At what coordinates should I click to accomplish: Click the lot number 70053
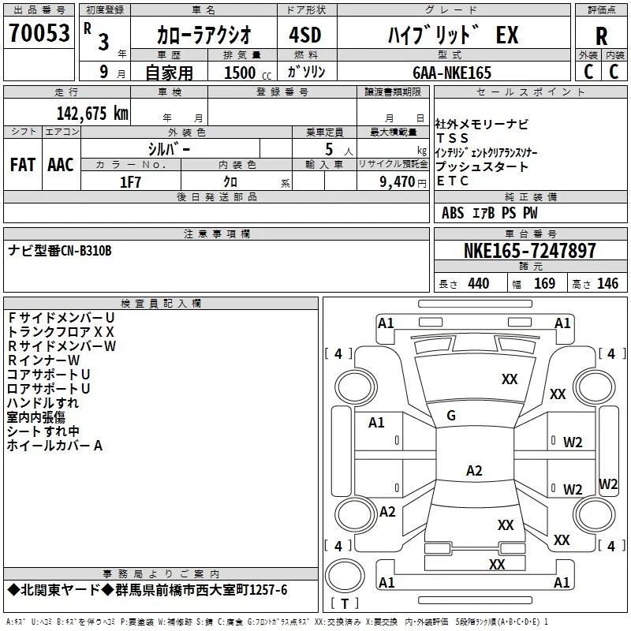39,33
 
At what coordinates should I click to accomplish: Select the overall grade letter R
601,36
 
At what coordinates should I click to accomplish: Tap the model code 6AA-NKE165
452,73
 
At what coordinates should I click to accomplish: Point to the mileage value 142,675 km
92,113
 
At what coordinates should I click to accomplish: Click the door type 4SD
305,35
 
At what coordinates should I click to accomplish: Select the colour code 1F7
130,182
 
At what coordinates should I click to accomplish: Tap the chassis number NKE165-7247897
529,250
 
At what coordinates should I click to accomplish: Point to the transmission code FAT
23,165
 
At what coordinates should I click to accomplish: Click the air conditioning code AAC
61,165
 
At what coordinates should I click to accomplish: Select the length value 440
479,283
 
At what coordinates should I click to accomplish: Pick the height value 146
607,283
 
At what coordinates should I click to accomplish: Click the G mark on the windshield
451,416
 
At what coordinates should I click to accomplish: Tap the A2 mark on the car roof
474,470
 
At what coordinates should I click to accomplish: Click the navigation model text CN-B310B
86,251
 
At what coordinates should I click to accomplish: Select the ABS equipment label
453,213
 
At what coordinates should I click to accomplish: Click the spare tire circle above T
345,576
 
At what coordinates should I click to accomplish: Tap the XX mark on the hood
510,379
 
